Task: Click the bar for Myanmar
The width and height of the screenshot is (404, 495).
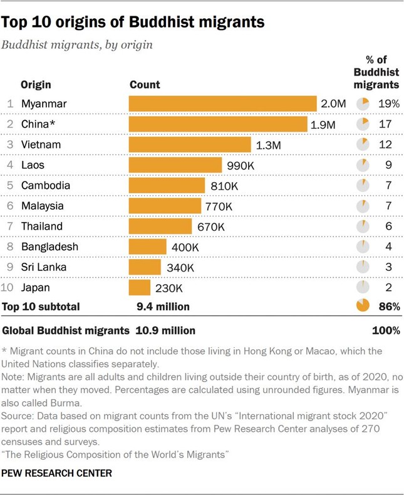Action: [222, 104]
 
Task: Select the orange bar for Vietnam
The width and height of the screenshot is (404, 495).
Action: [192, 145]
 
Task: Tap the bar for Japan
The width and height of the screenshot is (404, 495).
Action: [140, 288]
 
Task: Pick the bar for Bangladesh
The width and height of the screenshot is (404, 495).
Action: [147, 247]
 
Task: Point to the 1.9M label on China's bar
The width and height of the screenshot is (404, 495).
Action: [323, 125]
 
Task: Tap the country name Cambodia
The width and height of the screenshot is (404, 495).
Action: [45, 186]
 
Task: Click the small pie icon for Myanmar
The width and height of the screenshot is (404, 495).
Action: [362, 104]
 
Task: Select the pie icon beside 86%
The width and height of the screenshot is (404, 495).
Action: [362, 307]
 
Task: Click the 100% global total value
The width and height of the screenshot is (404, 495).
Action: [386, 330]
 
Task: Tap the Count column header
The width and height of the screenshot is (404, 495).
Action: [144, 84]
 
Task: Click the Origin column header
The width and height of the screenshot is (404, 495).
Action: [36, 84]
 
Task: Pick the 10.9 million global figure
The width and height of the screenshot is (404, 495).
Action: [162, 330]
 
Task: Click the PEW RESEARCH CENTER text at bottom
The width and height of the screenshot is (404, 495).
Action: [58, 473]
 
